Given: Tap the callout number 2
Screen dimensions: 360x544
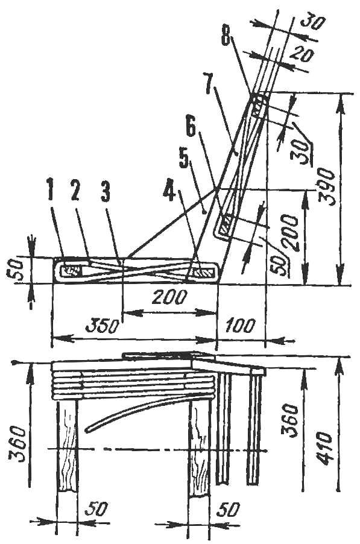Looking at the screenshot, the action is (x=75, y=189).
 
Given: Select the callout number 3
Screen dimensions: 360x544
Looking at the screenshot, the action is (x=106, y=190).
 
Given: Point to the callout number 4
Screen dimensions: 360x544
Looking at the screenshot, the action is (x=169, y=191).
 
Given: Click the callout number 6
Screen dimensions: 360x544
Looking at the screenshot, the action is (x=192, y=129).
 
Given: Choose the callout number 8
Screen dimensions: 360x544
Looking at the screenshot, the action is (x=226, y=35).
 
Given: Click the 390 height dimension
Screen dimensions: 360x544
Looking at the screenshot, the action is (x=327, y=188).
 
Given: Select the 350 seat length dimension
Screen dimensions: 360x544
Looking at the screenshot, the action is (x=103, y=326).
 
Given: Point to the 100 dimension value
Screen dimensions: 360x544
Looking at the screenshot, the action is (x=241, y=326).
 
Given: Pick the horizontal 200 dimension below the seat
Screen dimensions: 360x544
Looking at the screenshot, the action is (x=169, y=297).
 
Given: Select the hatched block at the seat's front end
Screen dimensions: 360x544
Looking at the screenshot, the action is (x=71, y=271).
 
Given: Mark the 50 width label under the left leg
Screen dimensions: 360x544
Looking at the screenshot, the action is (x=95, y=510).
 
